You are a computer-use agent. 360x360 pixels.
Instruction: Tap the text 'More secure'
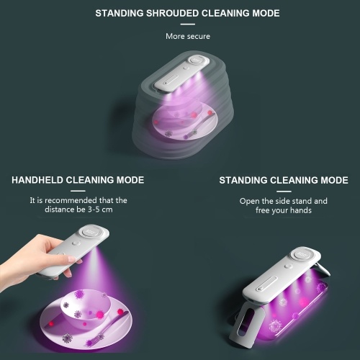[188, 36]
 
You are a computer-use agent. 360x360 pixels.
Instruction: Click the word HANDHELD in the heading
[37, 180]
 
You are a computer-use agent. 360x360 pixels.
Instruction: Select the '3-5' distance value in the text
[94, 210]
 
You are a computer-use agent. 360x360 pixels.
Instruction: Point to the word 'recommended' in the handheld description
[71, 200]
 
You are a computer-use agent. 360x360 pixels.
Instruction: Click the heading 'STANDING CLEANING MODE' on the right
[284, 180]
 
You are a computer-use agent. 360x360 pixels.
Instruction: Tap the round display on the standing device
[302, 254]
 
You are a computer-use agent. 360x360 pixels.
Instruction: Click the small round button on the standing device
[288, 266]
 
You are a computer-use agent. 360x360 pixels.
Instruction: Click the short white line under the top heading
[188, 24]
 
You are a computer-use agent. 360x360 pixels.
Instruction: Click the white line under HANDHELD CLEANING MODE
[78, 191]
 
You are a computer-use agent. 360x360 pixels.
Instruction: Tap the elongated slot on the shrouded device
[171, 79]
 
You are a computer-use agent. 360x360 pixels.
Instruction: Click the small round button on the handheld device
[76, 243]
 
